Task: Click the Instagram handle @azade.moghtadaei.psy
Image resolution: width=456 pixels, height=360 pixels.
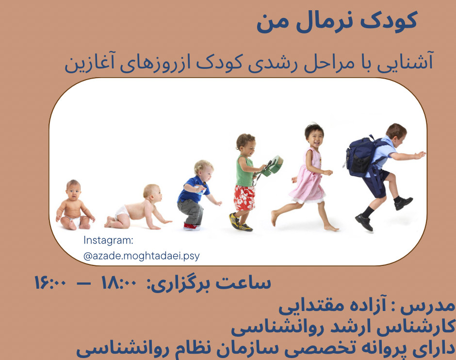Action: (x=141, y=256)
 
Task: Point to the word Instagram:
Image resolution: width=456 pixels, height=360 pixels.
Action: (x=108, y=240)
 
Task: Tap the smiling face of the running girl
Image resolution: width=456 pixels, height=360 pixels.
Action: (x=314, y=136)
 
